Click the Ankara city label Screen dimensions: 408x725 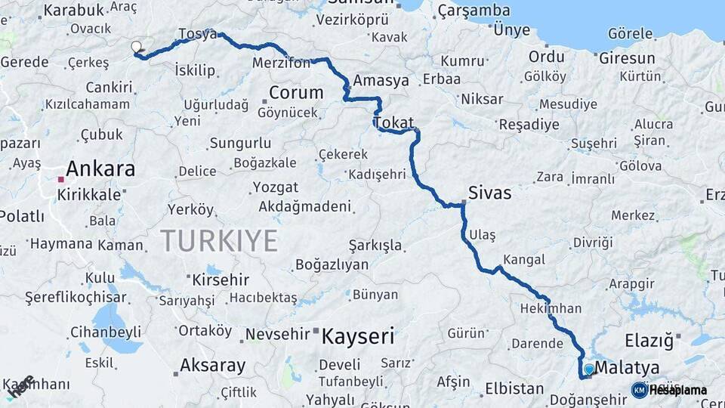(x=100, y=168)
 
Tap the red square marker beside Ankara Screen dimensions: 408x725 (x=61, y=180)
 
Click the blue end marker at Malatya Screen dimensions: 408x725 (x=589, y=369)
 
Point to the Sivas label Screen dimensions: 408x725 (x=489, y=193)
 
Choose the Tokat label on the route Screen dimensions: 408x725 (x=393, y=122)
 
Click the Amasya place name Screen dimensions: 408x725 (x=381, y=80)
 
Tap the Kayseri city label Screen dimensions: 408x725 (x=358, y=335)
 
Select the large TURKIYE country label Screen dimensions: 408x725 (x=218, y=241)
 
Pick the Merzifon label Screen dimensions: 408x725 (x=282, y=63)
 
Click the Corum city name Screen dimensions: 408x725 (x=296, y=93)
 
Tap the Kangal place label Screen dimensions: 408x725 (x=523, y=260)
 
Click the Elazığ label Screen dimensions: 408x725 (x=649, y=341)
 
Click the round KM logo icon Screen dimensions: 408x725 (x=640, y=390)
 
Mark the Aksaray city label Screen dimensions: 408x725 (x=212, y=366)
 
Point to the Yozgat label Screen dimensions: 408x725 (x=276, y=187)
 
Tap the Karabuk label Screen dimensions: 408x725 (x=73, y=10)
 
